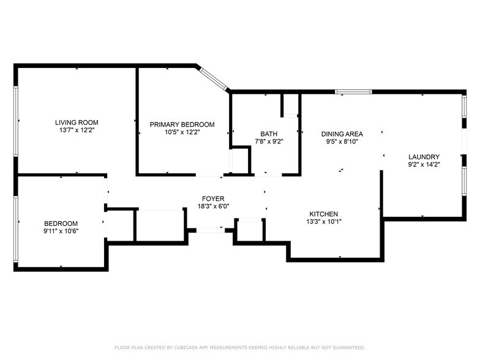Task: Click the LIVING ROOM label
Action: [x=77, y=122]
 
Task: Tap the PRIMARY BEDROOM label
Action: [x=182, y=124]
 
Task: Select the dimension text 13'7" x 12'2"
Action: [x=77, y=130]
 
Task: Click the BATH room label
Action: [x=268, y=133]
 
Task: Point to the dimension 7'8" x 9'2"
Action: [x=268, y=141]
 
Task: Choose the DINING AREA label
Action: [x=342, y=134]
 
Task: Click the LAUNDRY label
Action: [x=424, y=157]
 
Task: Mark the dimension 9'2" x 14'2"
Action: [x=424, y=164]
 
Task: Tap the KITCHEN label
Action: [x=324, y=214]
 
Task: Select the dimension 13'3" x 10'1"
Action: [x=324, y=222]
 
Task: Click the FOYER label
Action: [x=213, y=199]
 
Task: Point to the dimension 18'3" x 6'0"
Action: [x=213, y=207]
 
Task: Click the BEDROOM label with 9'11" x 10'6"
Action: [x=61, y=223]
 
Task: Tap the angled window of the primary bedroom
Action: [x=212, y=78]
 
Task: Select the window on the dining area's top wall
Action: [x=353, y=92]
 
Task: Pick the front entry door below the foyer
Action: [x=210, y=230]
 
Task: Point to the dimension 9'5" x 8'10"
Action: [x=342, y=141]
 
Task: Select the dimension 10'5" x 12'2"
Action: [x=182, y=132]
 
